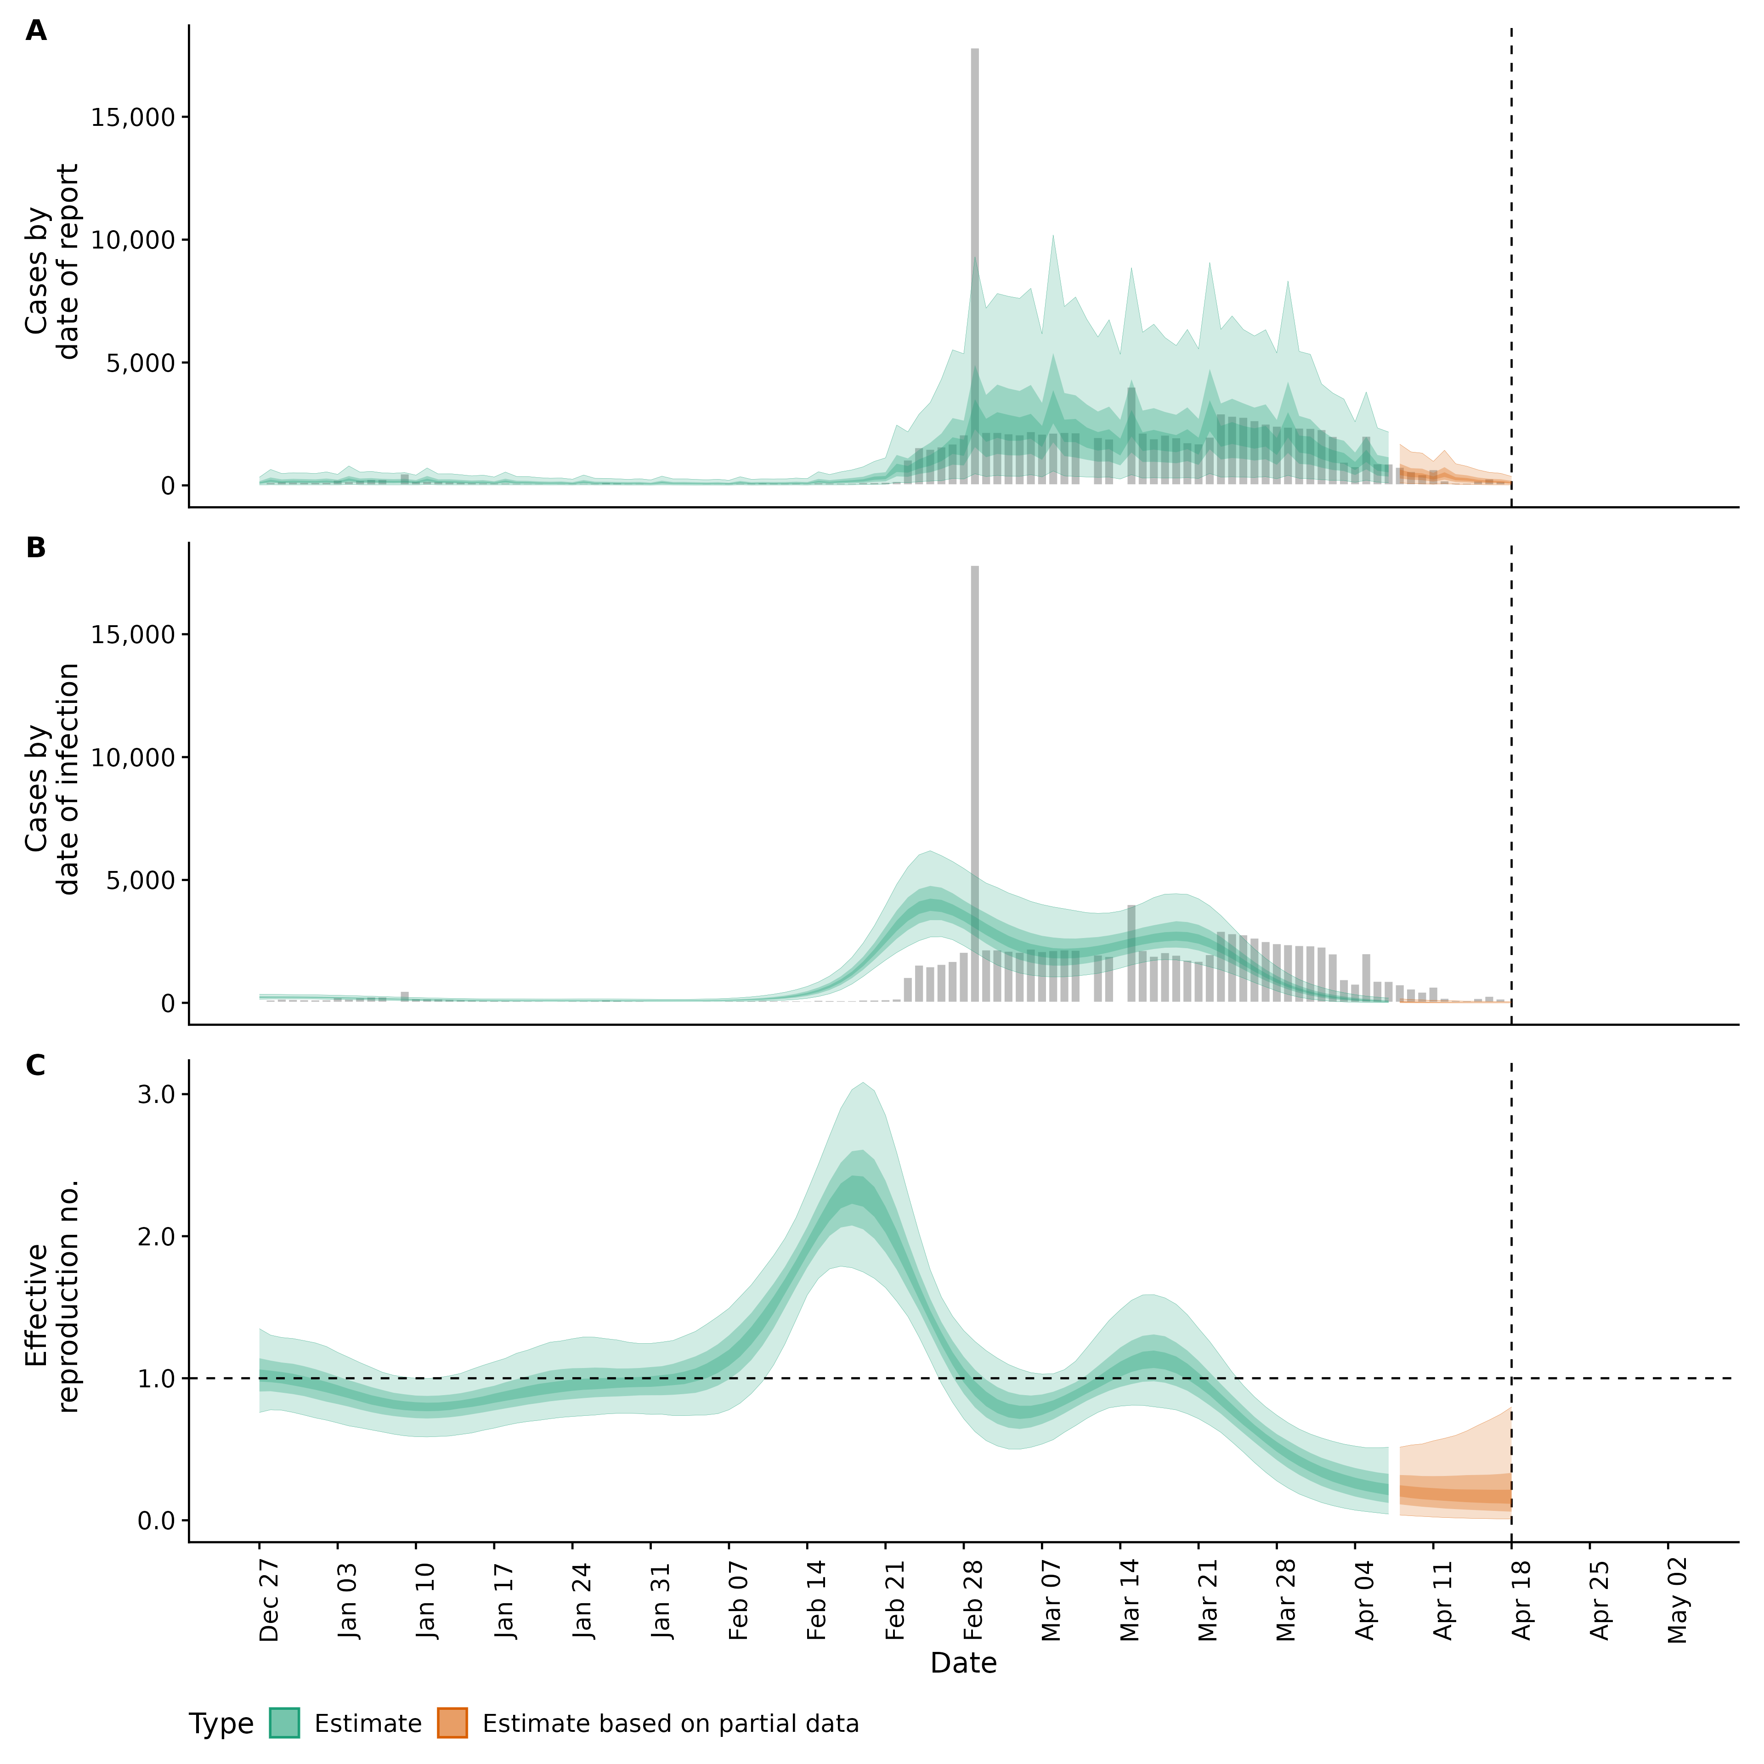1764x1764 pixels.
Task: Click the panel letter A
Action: point(36,31)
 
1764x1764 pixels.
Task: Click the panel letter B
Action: point(36,548)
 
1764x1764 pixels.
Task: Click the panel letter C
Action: point(36,1066)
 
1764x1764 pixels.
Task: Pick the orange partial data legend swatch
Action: point(452,1723)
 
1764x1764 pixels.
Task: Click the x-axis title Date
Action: point(963,1662)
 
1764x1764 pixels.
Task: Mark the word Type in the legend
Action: point(221,1724)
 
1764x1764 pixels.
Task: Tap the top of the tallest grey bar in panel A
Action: point(974,50)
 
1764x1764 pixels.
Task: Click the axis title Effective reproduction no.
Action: point(52,1296)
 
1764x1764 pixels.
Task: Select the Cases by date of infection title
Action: point(52,779)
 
